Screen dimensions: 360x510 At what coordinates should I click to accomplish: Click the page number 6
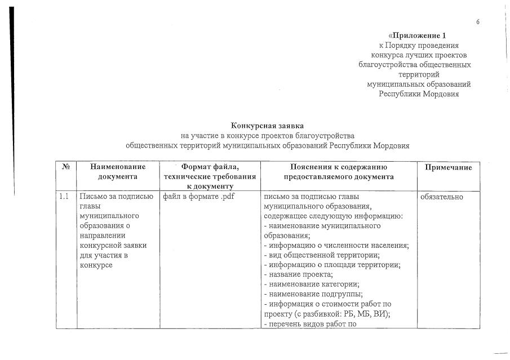[478, 22]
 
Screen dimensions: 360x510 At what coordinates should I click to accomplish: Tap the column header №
[65, 167]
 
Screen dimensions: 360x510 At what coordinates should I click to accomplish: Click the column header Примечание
[449, 167]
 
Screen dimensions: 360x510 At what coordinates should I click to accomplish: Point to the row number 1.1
[64, 197]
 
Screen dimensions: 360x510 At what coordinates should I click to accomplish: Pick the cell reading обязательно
[442, 197]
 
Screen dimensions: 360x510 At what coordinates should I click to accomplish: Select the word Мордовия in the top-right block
[440, 94]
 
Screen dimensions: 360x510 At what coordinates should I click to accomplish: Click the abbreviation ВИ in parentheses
[393, 314]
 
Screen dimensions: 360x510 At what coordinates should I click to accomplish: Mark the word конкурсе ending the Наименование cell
[97, 265]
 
